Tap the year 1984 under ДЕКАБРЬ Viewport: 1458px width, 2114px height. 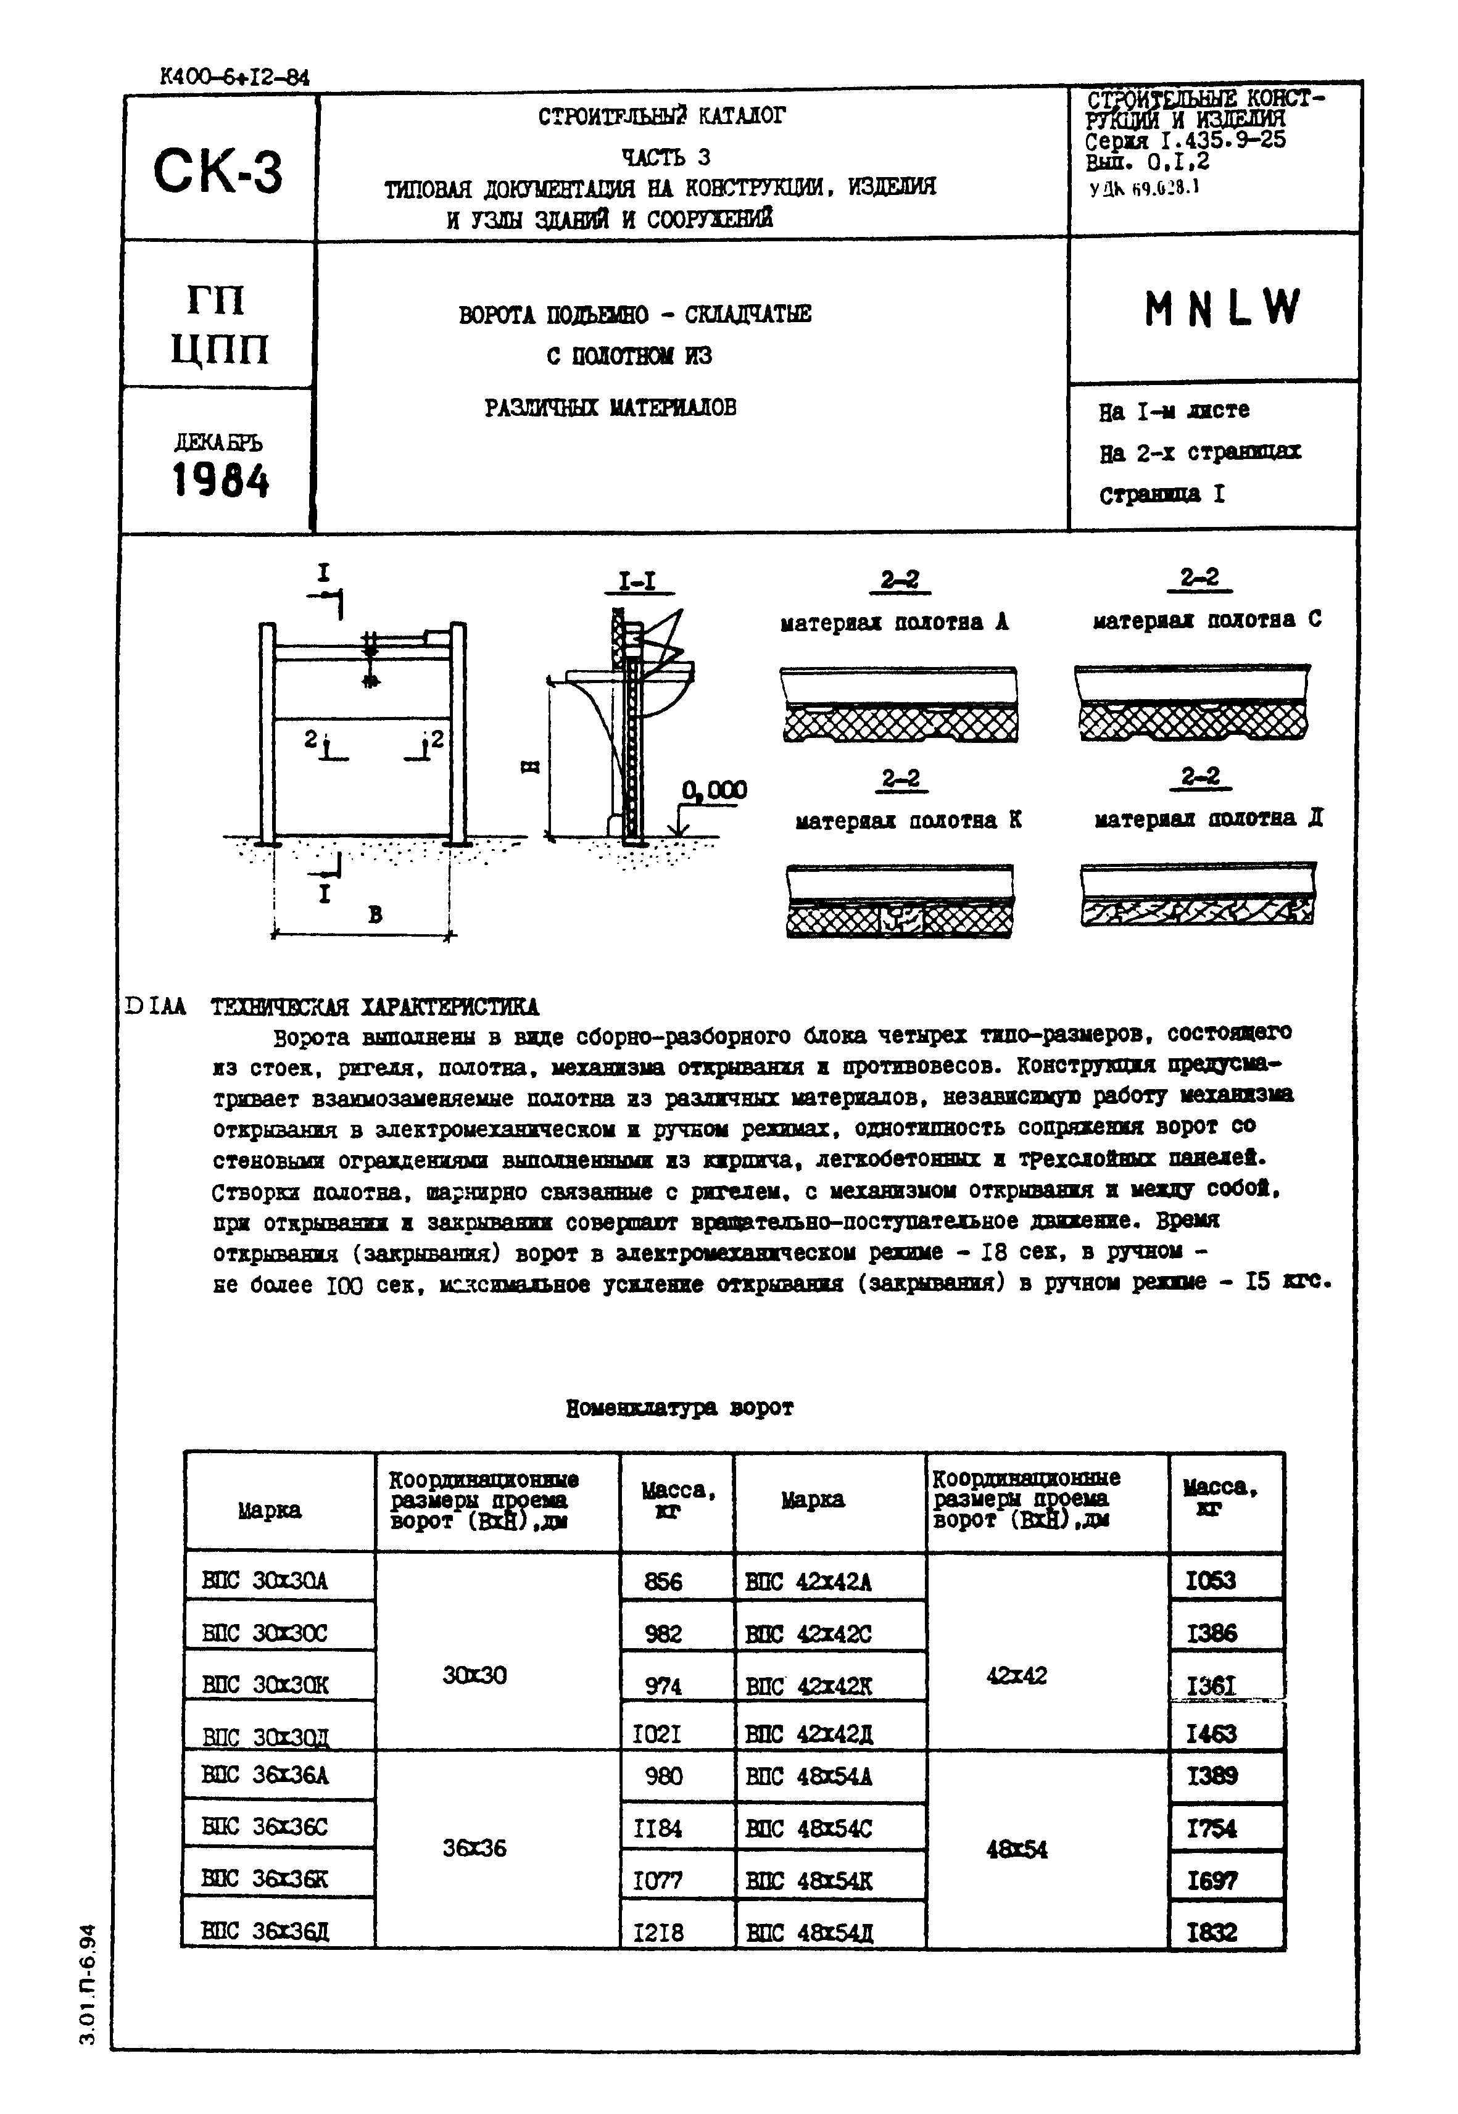[220, 481]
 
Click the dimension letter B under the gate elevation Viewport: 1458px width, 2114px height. [375, 914]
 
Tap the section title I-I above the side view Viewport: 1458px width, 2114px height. [637, 582]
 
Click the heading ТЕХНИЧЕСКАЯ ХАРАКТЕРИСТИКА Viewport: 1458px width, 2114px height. [375, 1007]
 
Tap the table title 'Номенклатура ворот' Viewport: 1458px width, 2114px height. [680, 1408]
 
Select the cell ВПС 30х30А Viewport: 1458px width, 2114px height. [264, 1580]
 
